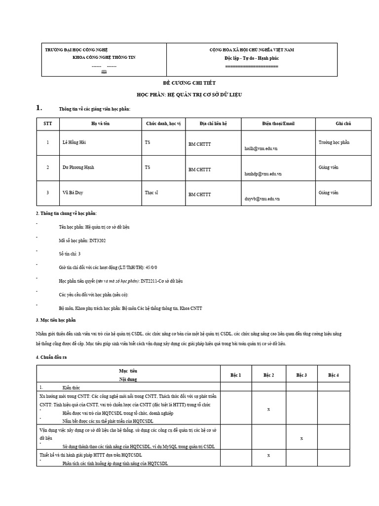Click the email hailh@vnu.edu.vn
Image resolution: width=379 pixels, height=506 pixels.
(261, 148)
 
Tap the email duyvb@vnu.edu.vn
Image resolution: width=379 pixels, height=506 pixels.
(262, 199)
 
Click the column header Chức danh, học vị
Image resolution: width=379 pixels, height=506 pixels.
(163, 123)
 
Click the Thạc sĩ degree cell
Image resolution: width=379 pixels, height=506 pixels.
(152, 192)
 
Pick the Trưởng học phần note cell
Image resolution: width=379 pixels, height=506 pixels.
(334, 142)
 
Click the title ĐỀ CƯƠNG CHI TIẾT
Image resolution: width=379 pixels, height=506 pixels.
(189, 83)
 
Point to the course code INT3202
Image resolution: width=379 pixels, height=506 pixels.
(98, 241)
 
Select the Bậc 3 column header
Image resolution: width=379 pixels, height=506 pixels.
(302, 375)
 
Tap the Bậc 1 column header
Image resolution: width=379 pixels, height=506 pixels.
(236, 375)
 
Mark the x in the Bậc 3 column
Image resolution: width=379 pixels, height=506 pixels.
(302, 438)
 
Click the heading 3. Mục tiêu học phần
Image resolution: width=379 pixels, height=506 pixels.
(55, 320)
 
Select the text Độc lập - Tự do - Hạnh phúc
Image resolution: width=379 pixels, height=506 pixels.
(252, 58)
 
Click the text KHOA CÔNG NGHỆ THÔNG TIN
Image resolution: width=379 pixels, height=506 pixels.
(104, 57)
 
